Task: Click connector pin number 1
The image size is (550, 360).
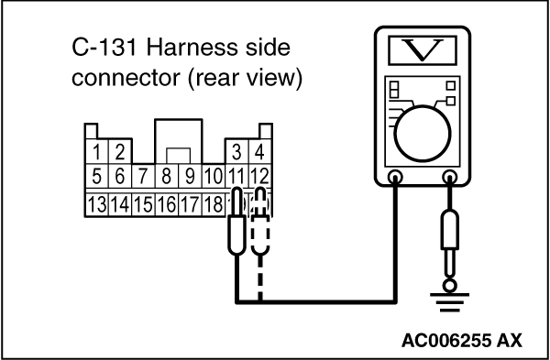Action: point(96,152)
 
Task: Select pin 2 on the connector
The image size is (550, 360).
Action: point(120,152)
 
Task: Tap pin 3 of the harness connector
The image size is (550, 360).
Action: point(236,152)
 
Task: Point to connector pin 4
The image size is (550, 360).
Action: point(259,152)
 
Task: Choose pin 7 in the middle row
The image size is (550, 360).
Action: point(143,176)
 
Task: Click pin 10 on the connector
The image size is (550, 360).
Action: point(214,176)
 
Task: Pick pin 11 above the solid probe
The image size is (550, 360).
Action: point(236,176)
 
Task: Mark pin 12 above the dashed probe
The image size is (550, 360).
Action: point(259,176)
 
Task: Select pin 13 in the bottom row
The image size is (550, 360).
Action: point(97,204)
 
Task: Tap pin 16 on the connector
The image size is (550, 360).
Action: point(167,204)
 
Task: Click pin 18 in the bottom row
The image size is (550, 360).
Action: point(214,204)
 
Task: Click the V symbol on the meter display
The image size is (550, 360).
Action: point(423,50)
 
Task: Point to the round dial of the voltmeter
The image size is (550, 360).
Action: point(423,134)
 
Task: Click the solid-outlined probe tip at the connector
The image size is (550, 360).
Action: point(237,221)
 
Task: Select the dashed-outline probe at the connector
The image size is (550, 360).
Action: point(260,221)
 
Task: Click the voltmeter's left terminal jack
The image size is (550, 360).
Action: point(395,177)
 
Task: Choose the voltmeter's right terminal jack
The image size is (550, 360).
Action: point(450,177)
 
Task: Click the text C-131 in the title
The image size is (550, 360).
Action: point(104,48)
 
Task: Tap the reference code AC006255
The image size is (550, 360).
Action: point(446,341)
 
